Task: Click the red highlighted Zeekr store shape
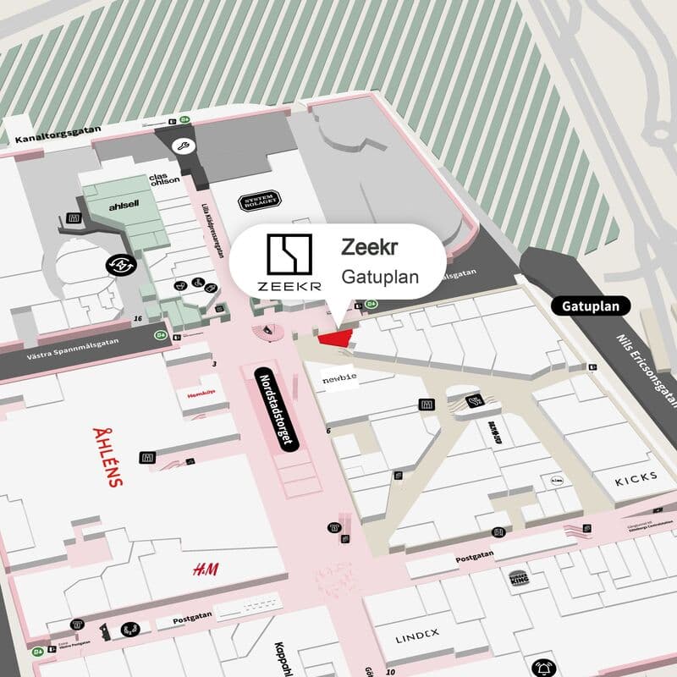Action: click(336, 338)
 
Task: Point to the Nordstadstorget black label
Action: click(278, 412)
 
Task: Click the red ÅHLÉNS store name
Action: click(108, 457)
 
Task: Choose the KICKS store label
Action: click(636, 479)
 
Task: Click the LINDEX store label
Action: click(418, 634)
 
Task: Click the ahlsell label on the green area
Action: click(123, 206)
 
